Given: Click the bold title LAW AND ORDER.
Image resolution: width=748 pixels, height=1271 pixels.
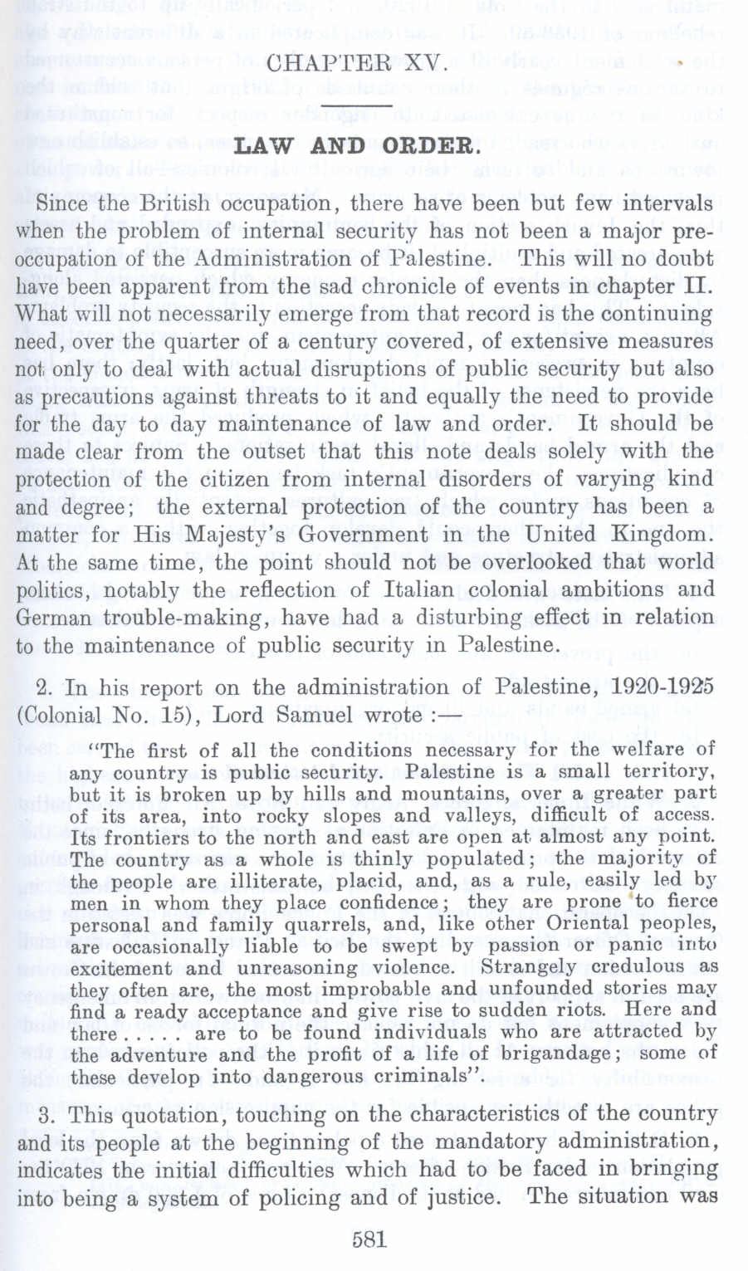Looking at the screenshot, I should pos(358,147).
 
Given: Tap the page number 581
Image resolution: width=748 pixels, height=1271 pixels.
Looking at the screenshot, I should pos(369,1239).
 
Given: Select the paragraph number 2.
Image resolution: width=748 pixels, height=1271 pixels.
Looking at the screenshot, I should pos(46,687).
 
